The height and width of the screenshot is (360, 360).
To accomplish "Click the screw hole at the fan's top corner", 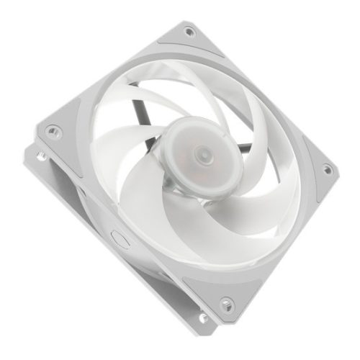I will click(189, 31).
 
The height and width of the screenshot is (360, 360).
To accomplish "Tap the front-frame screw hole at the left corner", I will click(53, 131).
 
